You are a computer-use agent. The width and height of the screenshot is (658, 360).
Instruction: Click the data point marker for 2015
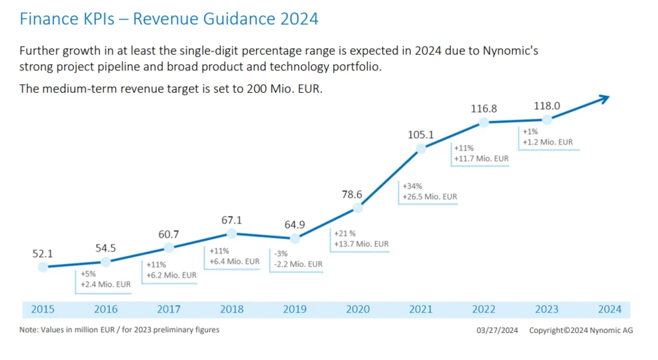[x=43, y=267]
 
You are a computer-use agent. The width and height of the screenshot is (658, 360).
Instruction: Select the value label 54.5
[x=106, y=248]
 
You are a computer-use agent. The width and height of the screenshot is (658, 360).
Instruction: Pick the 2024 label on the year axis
[x=610, y=309]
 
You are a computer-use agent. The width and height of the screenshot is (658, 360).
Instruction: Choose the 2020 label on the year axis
[x=358, y=309]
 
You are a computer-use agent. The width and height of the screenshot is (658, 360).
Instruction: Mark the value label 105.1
[x=421, y=135]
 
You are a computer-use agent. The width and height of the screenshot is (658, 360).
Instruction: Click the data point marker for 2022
[x=484, y=122]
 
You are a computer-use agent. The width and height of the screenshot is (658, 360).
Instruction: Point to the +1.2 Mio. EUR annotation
[x=547, y=141]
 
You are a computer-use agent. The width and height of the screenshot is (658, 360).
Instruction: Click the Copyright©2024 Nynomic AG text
[x=580, y=330]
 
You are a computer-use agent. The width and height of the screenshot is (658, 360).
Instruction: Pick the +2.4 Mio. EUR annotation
[x=105, y=284]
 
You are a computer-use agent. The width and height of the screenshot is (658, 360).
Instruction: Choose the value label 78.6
[x=358, y=195]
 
